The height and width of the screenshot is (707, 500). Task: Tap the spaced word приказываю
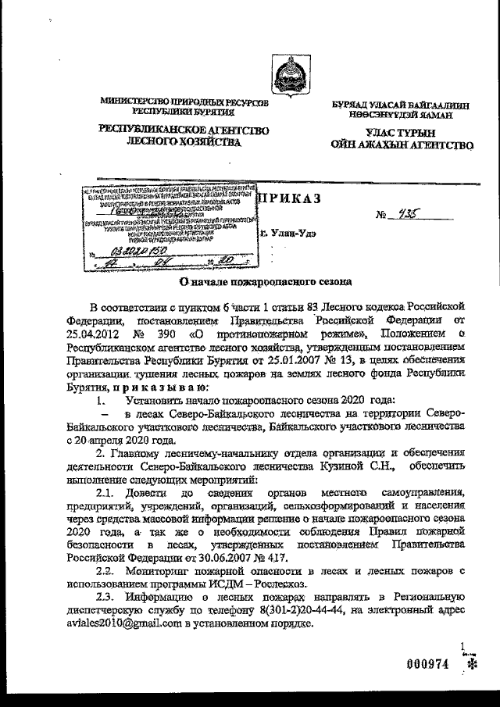(x=159, y=387)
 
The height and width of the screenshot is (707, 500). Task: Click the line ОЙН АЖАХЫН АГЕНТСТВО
(x=402, y=145)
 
